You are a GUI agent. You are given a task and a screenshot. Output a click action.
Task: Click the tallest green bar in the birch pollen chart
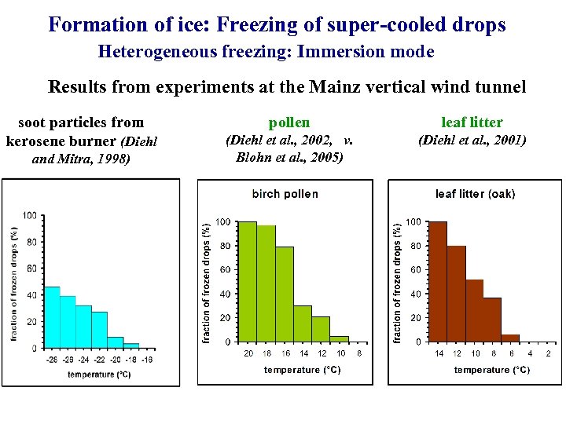click(x=248, y=282)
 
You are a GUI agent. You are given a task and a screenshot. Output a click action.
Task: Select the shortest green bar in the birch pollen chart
click(x=340, y=339)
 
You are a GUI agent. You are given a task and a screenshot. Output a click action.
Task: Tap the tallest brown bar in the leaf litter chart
click(x=438, y=282)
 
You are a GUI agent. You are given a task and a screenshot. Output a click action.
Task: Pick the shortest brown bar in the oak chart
click(x=511, y=338)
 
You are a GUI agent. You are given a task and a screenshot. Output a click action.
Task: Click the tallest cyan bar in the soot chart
click(x=52, y=317)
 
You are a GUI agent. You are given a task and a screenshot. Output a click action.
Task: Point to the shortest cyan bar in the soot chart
click(x=131, y=345)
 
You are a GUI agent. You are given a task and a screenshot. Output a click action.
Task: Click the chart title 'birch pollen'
click(x=285, y=194)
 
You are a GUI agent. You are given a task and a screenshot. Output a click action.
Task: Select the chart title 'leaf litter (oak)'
click(x=475, y=194)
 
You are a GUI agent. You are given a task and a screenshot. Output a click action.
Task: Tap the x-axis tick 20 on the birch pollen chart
click(x=248, y=354)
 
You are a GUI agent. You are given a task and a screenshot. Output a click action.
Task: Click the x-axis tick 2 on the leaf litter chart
click(x=548, y=354)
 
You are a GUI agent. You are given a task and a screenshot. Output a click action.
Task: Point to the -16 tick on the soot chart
click(x=147, y=360)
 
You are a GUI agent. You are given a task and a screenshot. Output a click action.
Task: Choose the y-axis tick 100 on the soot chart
click(x=29, y=215)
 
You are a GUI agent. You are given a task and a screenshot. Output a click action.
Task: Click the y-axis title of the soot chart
click(x=14, y=283)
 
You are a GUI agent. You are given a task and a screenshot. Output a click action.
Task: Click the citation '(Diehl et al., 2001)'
click(x=472, y=141)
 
